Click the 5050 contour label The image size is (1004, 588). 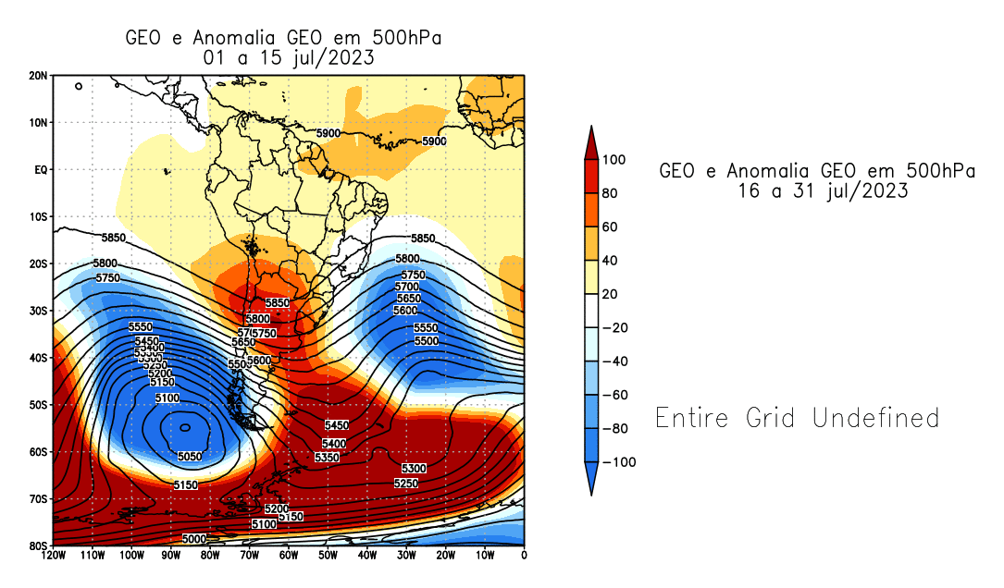(x=190, y=457)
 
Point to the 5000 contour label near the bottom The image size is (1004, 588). (x=194, y=539)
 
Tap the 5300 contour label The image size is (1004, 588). (x=414, y=469)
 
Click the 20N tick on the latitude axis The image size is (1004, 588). (x=38, y=76)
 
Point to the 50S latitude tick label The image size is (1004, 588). (x=38, y=405)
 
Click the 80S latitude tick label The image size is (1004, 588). (x=38, y=546)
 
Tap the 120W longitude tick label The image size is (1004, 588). (x=54, y=556)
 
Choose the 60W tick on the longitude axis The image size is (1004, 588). (x=289, y=556)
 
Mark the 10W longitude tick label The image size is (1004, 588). (x=485, y=556)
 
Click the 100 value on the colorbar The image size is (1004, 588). (x=614, y=160)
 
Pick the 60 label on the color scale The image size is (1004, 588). (x=611, y=227)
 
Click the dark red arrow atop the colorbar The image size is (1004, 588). (x=591, y=141)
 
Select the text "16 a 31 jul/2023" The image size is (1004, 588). (x=817, y=191)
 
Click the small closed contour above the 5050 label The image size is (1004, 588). (x=185, y=427)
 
